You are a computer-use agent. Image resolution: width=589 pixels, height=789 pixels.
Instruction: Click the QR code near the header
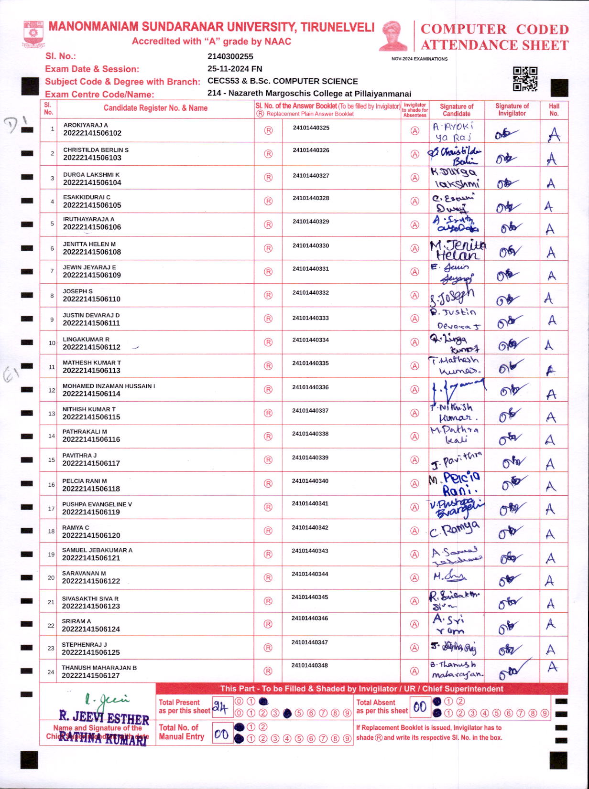[525, 79]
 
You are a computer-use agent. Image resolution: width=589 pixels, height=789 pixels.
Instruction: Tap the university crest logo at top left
[33, 33]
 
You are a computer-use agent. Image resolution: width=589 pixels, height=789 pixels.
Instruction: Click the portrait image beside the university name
[393, 35]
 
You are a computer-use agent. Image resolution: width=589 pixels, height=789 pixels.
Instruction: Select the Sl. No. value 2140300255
[230, 56]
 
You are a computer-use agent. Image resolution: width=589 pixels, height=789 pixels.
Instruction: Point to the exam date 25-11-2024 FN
[235, 69]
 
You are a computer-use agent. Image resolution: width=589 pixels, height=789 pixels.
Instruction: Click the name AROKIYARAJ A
[86, 125]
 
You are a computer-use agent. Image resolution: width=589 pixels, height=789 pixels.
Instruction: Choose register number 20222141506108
[92, 252]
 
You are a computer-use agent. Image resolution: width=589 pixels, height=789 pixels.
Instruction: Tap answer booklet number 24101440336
[311, 387]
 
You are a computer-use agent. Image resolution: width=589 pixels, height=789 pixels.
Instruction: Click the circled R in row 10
[268, 342]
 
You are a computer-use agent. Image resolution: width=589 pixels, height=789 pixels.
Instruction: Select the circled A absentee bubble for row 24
[414, 671]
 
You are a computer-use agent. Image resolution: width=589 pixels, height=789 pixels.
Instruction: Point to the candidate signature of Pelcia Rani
[455, 484]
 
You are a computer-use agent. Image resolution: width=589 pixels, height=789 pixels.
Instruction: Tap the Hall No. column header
[554, 110]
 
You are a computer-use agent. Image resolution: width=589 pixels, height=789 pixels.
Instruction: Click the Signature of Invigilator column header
[512, 110]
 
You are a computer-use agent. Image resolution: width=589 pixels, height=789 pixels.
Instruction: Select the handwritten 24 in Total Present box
[220, 707]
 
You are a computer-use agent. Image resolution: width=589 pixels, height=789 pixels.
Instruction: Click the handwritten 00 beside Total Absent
[420, 707]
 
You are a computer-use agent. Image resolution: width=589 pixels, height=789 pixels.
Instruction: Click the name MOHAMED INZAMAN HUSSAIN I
[109, 386]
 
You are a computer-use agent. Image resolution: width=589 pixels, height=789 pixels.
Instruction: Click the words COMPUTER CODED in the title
[494, 29]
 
